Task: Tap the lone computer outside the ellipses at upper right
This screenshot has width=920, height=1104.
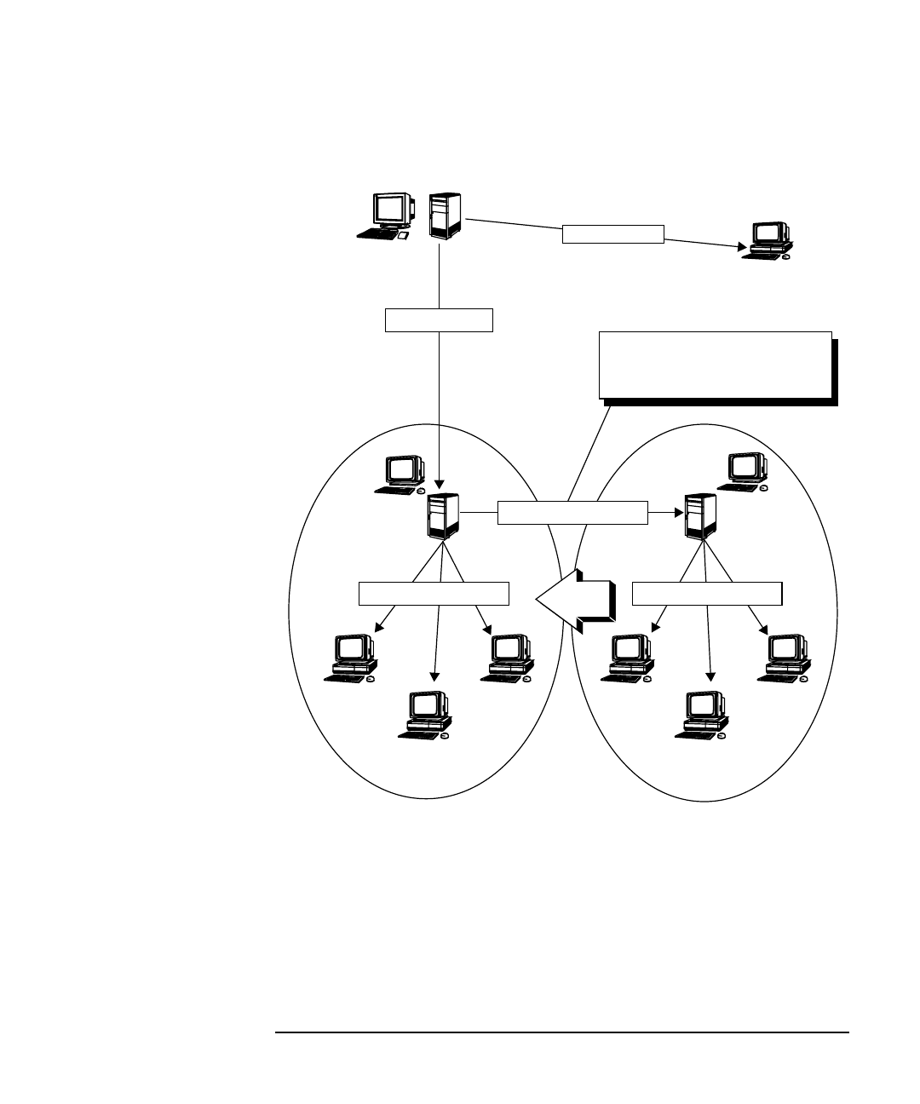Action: click(767, 239)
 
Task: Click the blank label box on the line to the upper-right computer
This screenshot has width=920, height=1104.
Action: click(612, 233)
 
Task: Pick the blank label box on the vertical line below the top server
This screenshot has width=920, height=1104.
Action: click(439, 319)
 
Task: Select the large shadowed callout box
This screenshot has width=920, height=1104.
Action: click(716, 365)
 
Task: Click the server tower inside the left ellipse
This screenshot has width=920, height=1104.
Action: click(444, 516)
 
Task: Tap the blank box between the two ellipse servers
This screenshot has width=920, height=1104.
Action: click(572, 513)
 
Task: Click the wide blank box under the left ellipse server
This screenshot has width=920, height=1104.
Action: click(434, 594)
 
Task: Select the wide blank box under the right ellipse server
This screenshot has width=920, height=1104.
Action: click(708, 593)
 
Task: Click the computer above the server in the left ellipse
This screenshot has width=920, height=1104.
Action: click(403, 474)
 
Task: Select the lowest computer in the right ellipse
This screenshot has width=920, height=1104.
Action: click(704, 715)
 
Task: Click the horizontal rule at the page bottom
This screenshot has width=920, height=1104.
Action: click(562, 1033)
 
